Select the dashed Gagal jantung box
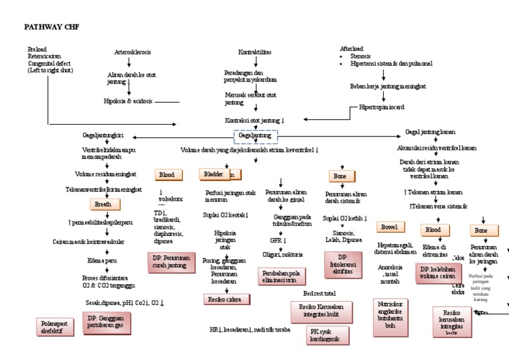255,136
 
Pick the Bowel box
389,227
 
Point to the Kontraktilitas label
255,52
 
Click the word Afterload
352,50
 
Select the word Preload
38,50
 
